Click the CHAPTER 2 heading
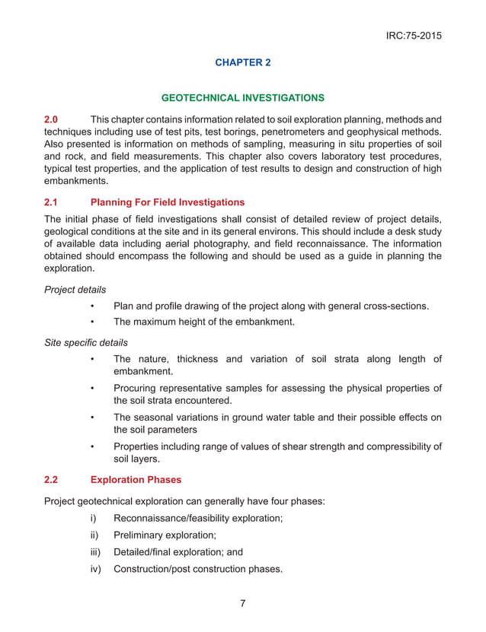[243, 62]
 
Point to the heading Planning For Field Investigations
[168, 202]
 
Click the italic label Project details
[75, 289]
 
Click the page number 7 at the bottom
[242, 604]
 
